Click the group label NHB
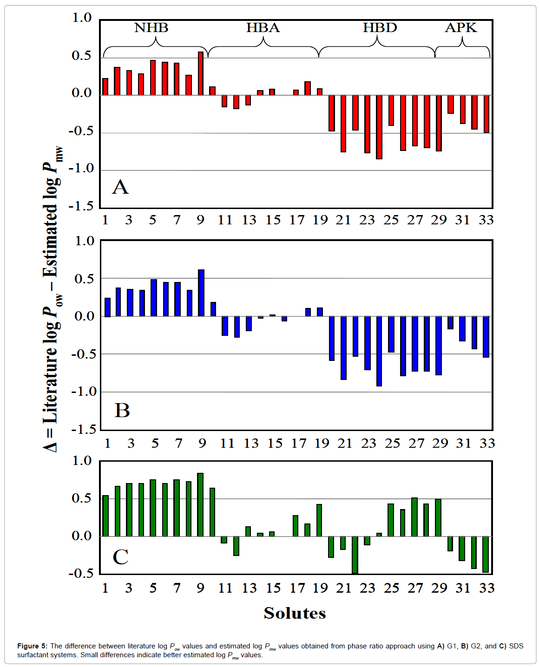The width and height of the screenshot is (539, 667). coord(151,28)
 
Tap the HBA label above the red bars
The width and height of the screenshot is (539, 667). coord(263,28)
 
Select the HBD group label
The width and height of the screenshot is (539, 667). coord(380,28)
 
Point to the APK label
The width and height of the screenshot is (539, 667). coord(461,28)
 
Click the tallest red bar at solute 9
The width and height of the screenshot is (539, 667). coord(201,73)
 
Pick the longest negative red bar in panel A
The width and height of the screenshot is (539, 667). coord(379,127)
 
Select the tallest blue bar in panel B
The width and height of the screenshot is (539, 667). coord(201,293)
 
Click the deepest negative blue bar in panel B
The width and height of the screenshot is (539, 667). coord(379,351)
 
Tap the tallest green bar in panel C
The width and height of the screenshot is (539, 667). coord(200,504)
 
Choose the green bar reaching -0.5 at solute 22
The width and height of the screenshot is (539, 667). coord(355,555)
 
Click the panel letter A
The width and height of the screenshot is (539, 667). coord(120,187)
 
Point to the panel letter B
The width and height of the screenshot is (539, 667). coord(122,411)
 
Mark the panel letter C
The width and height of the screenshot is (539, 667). coord(120,557)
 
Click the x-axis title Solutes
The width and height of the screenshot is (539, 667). coord(295,613)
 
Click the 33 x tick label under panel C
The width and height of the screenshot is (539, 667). coord(487,588)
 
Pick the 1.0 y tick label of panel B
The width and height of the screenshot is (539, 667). coord(84,241)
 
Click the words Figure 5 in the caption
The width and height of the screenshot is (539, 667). coord(32,646)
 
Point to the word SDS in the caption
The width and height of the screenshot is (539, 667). coord(516,646)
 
